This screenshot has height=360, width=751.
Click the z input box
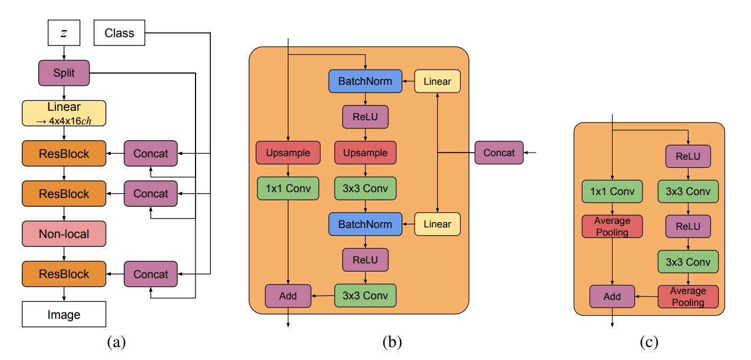64,33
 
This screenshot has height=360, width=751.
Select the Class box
119,33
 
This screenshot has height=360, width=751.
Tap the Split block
64,74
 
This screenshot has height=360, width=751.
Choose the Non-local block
64,234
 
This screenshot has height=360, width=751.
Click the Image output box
64,315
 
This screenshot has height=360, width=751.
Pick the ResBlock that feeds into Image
64,274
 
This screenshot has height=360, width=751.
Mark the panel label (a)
117,342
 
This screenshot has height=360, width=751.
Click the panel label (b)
392,342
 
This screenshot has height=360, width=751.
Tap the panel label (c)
649,342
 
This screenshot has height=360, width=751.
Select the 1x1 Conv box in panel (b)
287,188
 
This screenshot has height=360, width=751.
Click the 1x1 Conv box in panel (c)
612,191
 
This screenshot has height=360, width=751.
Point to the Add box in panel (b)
287,296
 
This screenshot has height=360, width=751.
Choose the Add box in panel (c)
612,296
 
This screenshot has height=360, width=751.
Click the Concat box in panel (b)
499,153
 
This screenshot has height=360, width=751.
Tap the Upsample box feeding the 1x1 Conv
287,153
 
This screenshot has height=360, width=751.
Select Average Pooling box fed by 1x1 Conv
612,226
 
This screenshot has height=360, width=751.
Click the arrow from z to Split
64,53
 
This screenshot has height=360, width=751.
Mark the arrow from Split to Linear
64,93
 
